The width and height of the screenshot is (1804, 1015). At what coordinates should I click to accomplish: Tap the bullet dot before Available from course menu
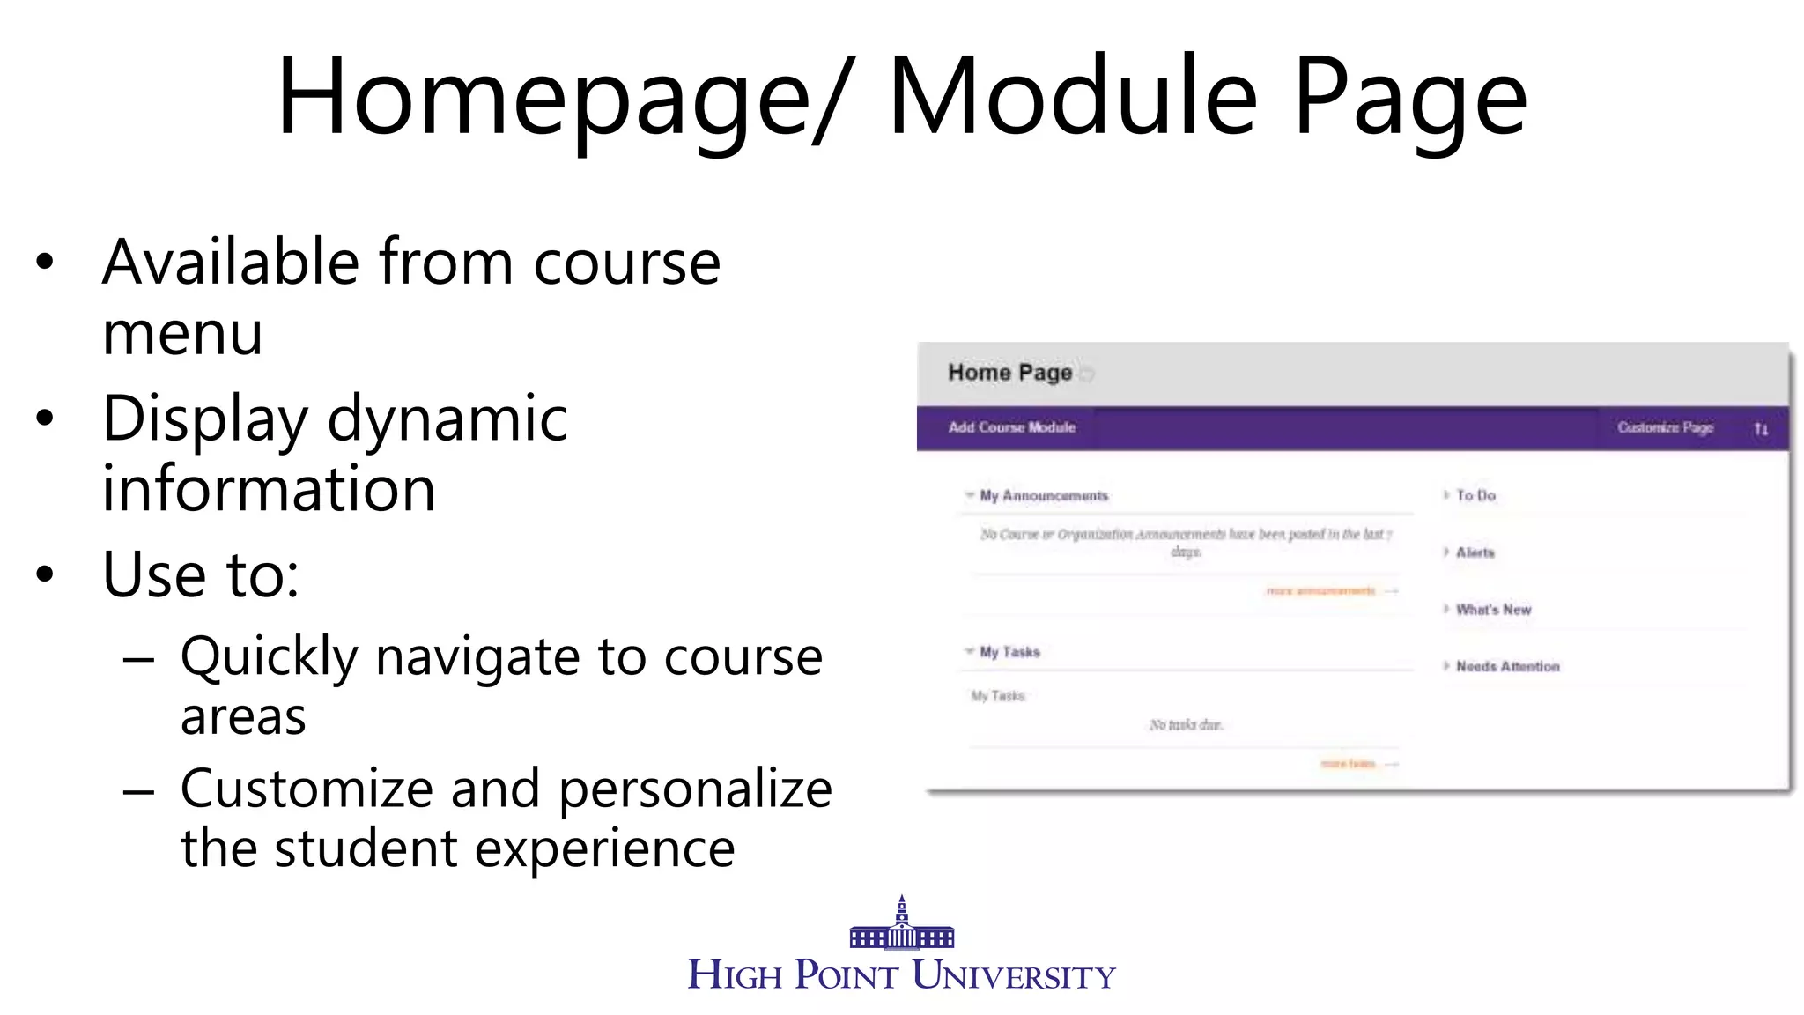(x=45, y=262)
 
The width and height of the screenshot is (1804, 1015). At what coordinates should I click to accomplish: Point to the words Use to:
(x=201, y=574)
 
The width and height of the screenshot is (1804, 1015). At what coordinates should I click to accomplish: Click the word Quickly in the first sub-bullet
(x=269, y=657)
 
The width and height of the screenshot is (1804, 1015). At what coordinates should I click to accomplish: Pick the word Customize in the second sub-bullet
(x=306, y=789)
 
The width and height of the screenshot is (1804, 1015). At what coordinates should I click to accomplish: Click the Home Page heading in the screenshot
(x=1009, y=373)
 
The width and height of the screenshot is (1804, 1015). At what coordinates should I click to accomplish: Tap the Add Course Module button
(x=1011, y=427)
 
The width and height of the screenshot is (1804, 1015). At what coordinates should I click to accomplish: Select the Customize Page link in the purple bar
(x=1664, y=427)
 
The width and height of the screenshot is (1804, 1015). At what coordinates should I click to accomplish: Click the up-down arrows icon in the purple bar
(x=1760, y=429)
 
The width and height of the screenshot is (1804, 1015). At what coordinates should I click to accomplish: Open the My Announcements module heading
(x=1043, y=496)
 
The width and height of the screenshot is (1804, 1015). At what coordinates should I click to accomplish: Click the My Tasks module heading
(x=1009, y=652)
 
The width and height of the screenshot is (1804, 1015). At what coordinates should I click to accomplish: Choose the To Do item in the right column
(x=1475, y=496)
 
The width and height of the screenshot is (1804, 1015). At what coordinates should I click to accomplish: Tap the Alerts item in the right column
(x=1475, y=552)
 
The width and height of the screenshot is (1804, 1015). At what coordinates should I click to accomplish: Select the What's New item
(x=1493, y=610)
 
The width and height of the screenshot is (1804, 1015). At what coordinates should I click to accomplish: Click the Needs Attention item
(x=1507, y=667)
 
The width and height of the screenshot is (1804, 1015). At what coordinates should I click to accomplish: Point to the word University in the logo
(x=1013, y=975)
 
